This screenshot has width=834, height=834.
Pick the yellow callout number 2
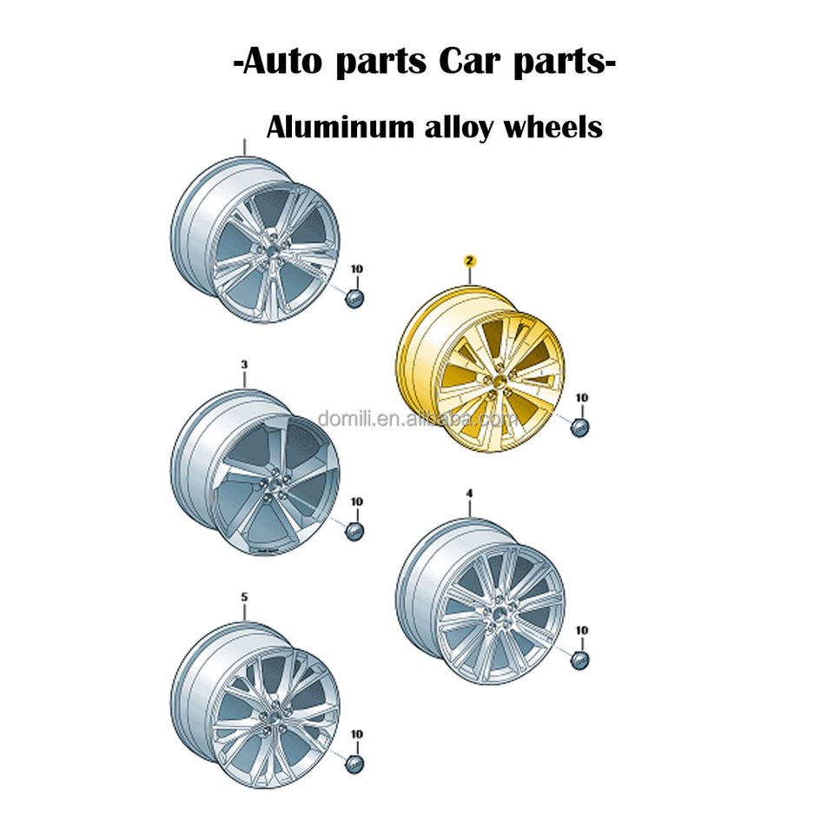click(470, 260)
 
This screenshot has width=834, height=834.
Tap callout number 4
click(470, 493)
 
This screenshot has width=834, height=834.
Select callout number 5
click(244, 597)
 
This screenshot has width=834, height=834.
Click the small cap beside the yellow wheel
click(580, 426)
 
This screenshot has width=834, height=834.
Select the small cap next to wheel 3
click(354, 530)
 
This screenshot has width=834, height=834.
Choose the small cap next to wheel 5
click(354, 764)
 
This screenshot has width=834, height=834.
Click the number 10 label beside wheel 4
click(582, 630)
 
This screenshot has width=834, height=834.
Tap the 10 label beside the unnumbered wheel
click(356, 269)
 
